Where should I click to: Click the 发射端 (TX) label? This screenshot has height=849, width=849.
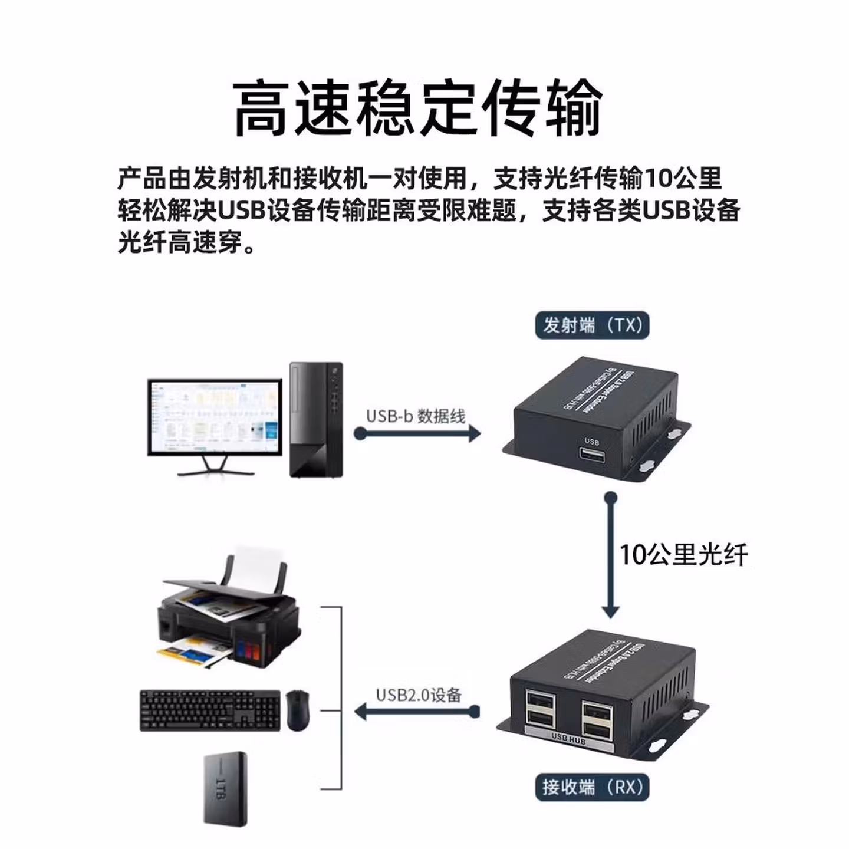(x=592, y=325)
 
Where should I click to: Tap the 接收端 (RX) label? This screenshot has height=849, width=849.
(x=592, y=787)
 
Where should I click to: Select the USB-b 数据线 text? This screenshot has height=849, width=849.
(x=416, y=416)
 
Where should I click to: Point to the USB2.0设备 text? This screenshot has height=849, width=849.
(x=419, y=695)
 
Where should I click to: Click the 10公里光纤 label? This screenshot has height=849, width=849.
(x=683, y=555)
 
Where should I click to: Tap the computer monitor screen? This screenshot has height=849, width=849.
(x=214, y=416)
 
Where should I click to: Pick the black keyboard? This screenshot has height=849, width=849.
(x=210, y=710)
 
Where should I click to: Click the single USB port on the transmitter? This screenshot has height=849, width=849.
(x=591, y=456)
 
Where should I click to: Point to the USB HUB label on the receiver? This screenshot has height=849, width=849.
(x=568, y=738)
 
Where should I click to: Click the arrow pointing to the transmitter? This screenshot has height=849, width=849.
(x=419, y=433)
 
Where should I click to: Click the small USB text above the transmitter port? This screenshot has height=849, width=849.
(x=591, y=442)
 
